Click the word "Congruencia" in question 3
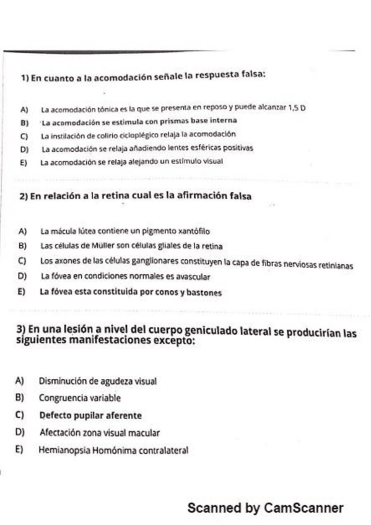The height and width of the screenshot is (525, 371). coord(64,397)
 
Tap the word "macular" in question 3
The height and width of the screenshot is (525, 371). coord(144,432)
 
